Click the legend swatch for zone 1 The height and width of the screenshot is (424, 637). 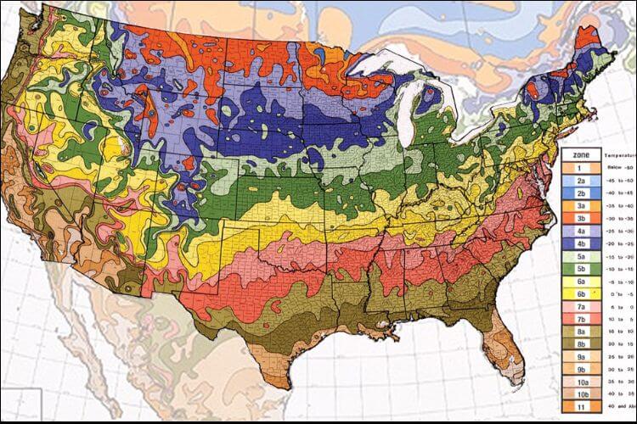tap(583, 169)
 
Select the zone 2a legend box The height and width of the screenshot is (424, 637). tap(583, 181)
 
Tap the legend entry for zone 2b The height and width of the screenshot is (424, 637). tap(583, 193)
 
